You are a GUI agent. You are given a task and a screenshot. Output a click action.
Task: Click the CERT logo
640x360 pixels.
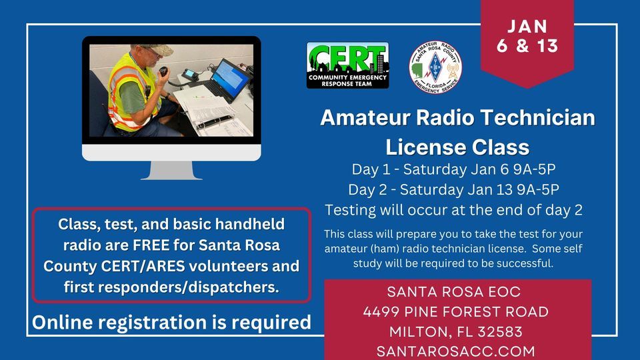coord(347,65)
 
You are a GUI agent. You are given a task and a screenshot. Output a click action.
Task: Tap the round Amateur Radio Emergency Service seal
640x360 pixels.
coord(435,67)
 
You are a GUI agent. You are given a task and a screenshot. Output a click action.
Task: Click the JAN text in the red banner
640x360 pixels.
coord(527,27)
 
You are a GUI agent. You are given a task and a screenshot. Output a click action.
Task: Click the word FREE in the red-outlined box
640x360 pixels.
coord(151,245)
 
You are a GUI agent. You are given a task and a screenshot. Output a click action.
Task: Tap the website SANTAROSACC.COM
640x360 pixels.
coord(455,351)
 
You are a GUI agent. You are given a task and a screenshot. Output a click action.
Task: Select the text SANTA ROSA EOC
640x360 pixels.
coord(454,292)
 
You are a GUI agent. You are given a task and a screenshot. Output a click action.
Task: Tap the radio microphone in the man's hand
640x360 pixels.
coord(163,71)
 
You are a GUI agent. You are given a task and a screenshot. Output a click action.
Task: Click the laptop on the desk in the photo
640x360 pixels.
coord(226,80)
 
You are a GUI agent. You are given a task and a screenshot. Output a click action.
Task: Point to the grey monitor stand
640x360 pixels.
coord(171,170)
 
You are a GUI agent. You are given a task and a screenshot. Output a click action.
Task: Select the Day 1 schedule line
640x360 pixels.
coord(453,169)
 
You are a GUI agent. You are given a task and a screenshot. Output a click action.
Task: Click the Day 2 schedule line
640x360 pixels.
coord(453,190)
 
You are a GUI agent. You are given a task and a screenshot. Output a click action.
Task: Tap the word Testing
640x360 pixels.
coord(350,210)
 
